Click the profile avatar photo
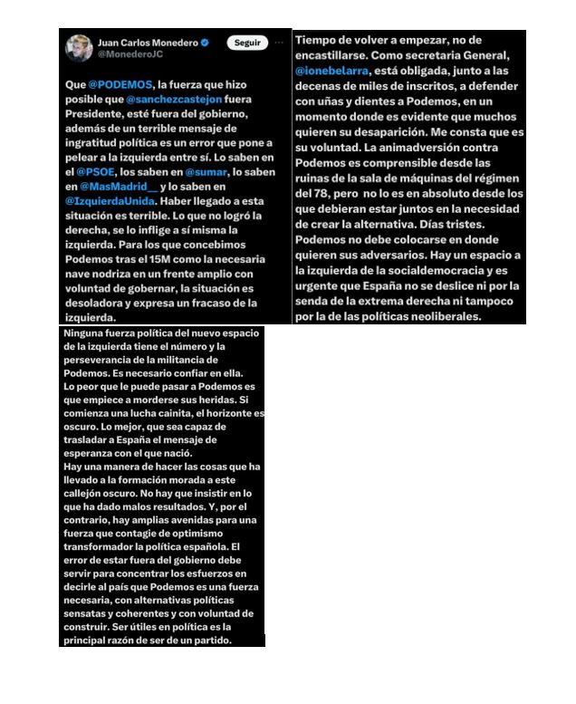[77, 47]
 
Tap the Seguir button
[246, 43]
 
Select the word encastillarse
[338, 54]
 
